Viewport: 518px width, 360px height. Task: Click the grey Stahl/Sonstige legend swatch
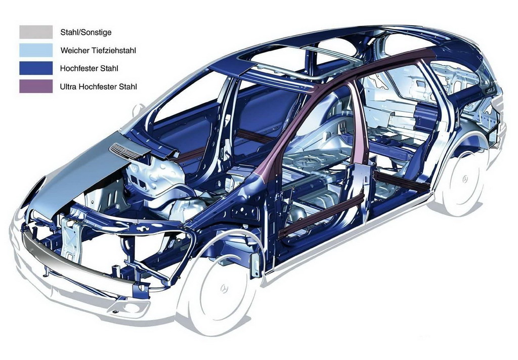click(x=36, y=32)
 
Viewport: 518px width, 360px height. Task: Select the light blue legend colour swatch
click(x=36, y=50)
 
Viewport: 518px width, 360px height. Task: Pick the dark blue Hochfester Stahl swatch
click(x=36, y=68)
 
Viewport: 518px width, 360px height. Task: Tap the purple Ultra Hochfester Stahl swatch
click(x=36, y=86)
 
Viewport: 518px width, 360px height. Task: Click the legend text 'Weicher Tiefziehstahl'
click(x=98, y=51)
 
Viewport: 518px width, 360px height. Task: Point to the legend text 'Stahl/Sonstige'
click(x=86, y=32)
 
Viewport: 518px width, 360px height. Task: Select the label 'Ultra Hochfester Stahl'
click(x=98, y=87)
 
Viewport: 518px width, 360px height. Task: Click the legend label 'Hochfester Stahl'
click(x=89, y=69)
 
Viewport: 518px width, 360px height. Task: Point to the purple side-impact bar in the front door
click(x=322, y=215)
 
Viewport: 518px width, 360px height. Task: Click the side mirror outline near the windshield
click(x=139, y=110)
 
